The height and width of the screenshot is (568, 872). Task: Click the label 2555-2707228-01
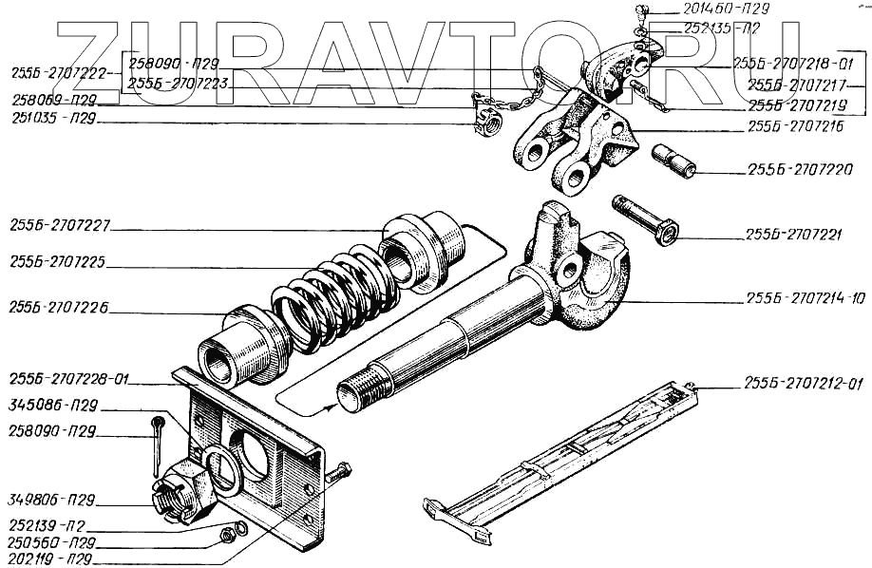(x=69, y=382)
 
